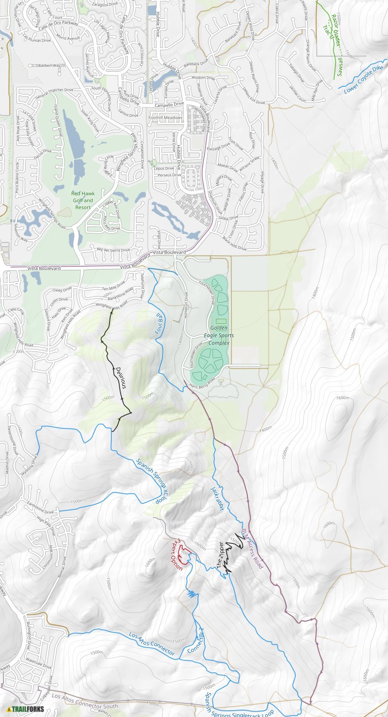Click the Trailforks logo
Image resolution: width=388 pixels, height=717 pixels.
tap(26, 709)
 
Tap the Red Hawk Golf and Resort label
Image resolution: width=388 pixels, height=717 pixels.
tap(83, 200)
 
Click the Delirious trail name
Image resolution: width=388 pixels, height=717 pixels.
tap(121, 378)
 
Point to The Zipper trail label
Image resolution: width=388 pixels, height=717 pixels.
tap(221, 555)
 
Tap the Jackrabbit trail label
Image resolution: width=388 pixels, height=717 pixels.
tap(217, 498)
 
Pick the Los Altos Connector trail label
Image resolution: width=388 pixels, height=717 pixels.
tap(152, 643)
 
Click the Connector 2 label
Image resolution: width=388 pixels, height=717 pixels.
tap(195, 640)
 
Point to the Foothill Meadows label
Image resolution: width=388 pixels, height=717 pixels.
tap(165, 117)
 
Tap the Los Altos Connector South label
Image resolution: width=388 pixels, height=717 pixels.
tap(85, 701)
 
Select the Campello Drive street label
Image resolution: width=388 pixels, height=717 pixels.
tap(169, 105)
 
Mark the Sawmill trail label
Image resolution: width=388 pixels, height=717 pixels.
tap(339, 67)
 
